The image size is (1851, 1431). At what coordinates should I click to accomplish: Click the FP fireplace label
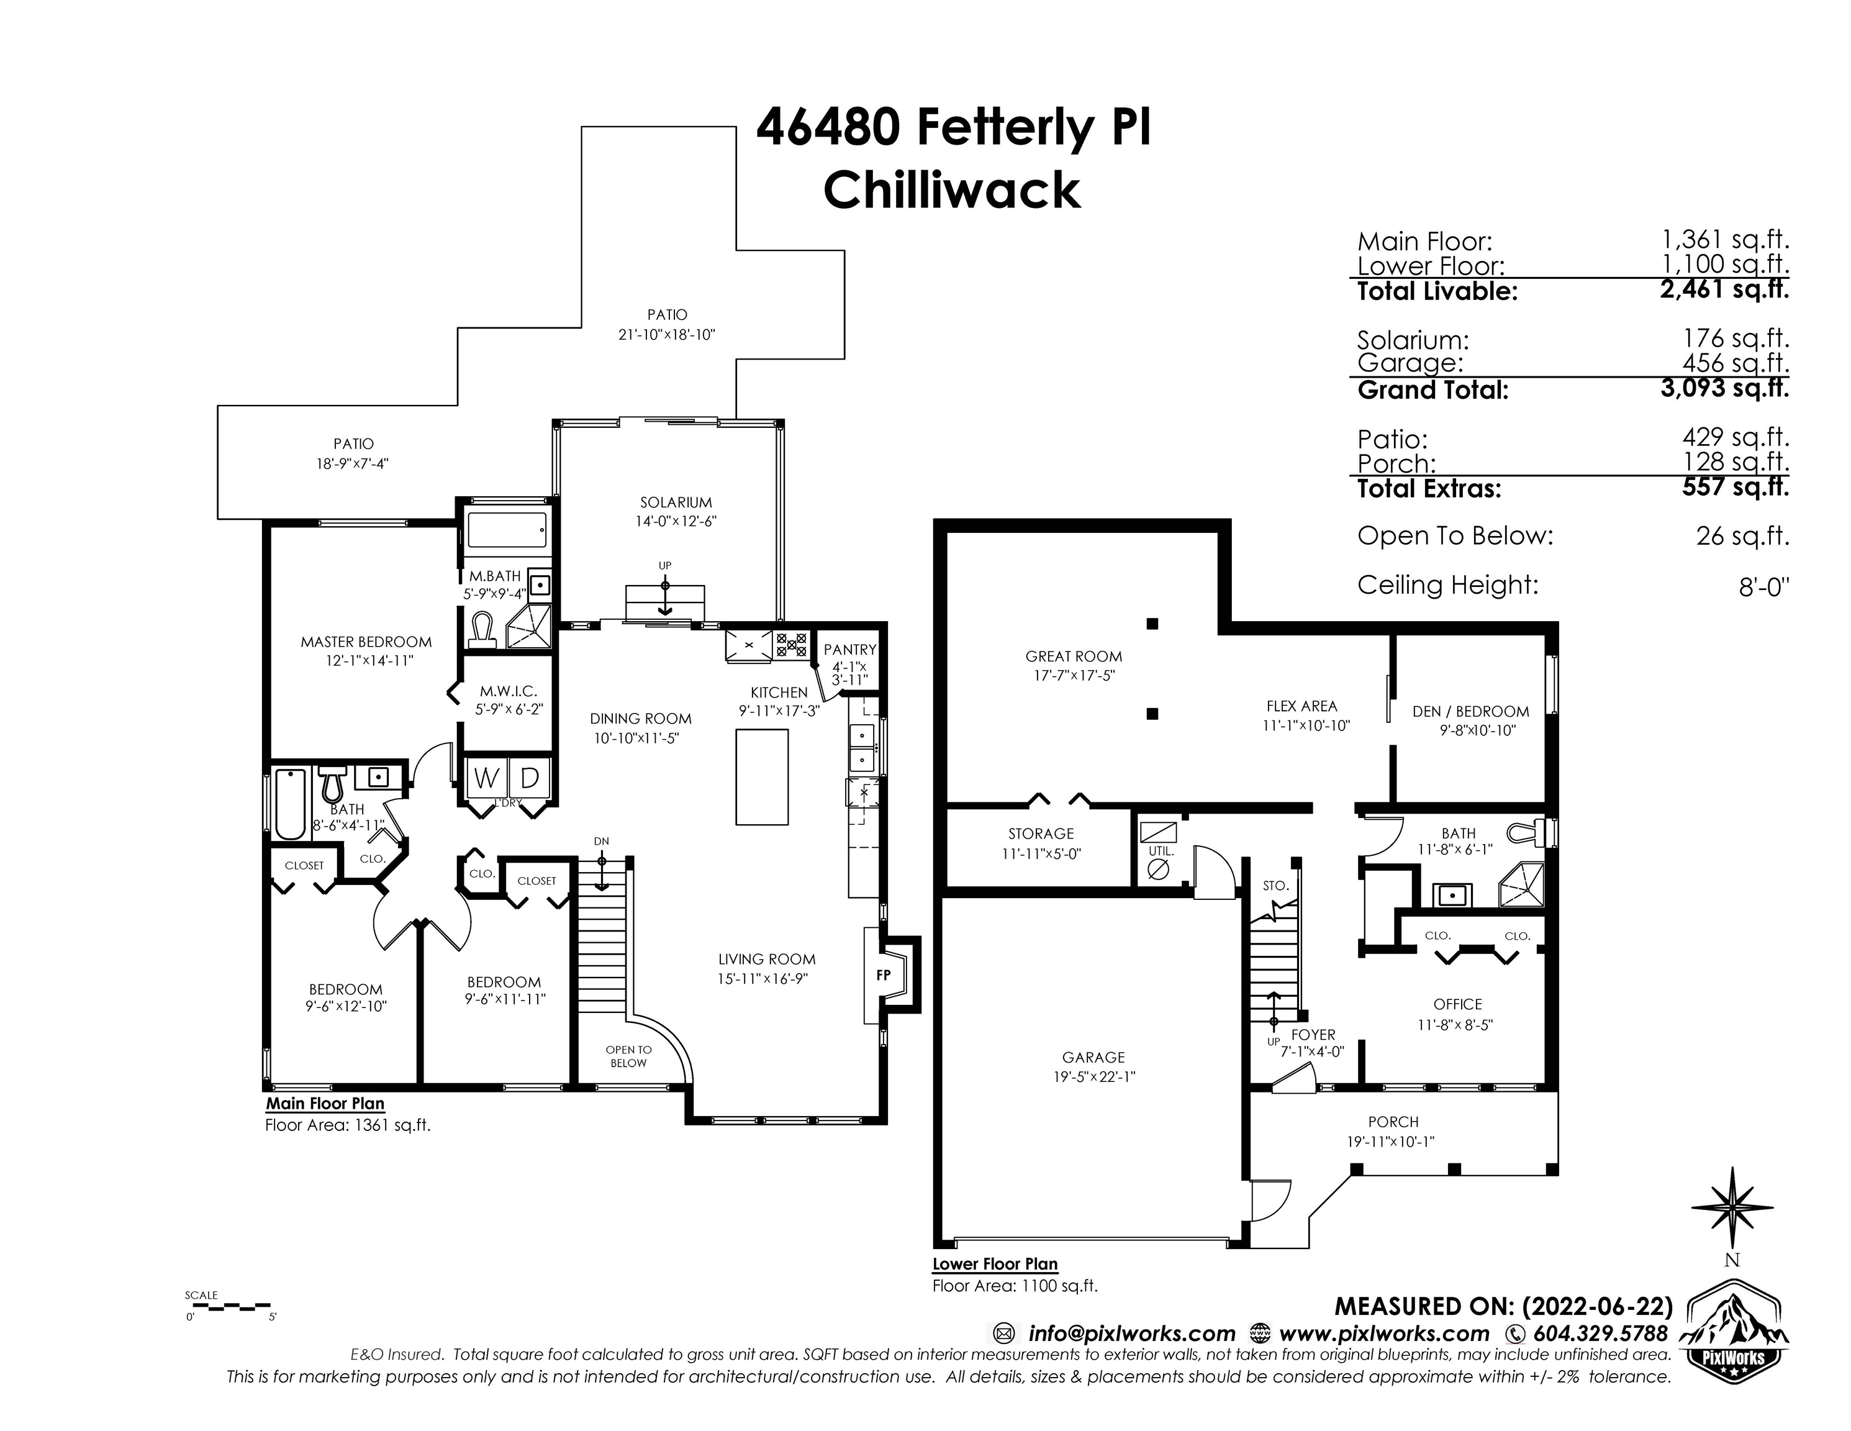(x=883, y=975)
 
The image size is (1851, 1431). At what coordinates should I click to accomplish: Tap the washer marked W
(x=486, y=778)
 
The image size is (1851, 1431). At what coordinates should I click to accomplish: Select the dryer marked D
(x=530, y=778)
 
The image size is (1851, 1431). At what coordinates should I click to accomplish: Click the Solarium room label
(x=676, y=502)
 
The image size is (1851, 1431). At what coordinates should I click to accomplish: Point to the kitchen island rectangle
(x=762, y=776)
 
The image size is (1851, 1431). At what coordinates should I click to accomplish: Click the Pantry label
(x=849, y=650)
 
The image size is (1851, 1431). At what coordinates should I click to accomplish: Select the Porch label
(x=1393, y=1122)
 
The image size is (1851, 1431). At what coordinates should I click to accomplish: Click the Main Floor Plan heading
(x=325, y=1104)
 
